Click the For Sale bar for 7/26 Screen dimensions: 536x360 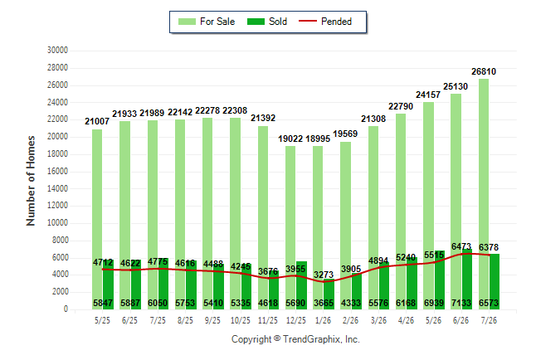point(484,194)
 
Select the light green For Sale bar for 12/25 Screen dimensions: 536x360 point(290,227)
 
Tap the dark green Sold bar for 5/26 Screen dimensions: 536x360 point(439,280)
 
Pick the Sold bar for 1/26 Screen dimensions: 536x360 point(329,294)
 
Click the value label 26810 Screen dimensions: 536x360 point(484,71)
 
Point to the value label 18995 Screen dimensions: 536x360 point(318,139)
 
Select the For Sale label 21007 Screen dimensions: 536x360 point(97,121)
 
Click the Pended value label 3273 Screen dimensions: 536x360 point(324,275)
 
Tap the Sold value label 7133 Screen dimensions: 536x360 point(461,303)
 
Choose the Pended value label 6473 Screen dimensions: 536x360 point(461,246)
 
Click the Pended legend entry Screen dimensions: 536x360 point(325,22)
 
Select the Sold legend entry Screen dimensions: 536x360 point(267,22)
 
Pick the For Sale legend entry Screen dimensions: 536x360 point(207,22)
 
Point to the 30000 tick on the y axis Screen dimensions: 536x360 point(57,51)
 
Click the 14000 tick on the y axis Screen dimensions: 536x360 point(57,188)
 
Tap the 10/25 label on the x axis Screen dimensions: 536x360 point(241,320)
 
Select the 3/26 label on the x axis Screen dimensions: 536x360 point(378,320)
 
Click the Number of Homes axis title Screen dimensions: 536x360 point(31,181)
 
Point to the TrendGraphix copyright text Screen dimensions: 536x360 point(295,339)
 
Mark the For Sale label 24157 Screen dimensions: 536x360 point(428,95)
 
